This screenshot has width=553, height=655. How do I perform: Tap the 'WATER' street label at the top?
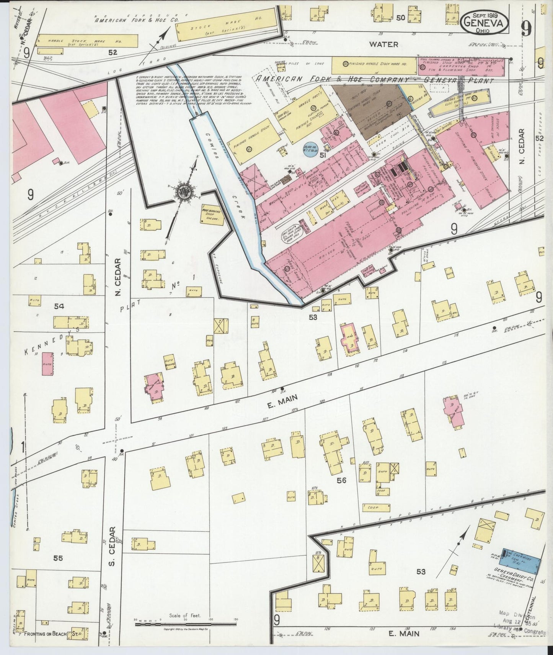[x=383, y=44]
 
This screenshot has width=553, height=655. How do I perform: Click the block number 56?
[x=341, y=480]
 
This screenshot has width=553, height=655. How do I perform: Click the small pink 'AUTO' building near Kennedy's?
[x=47, y=364]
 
